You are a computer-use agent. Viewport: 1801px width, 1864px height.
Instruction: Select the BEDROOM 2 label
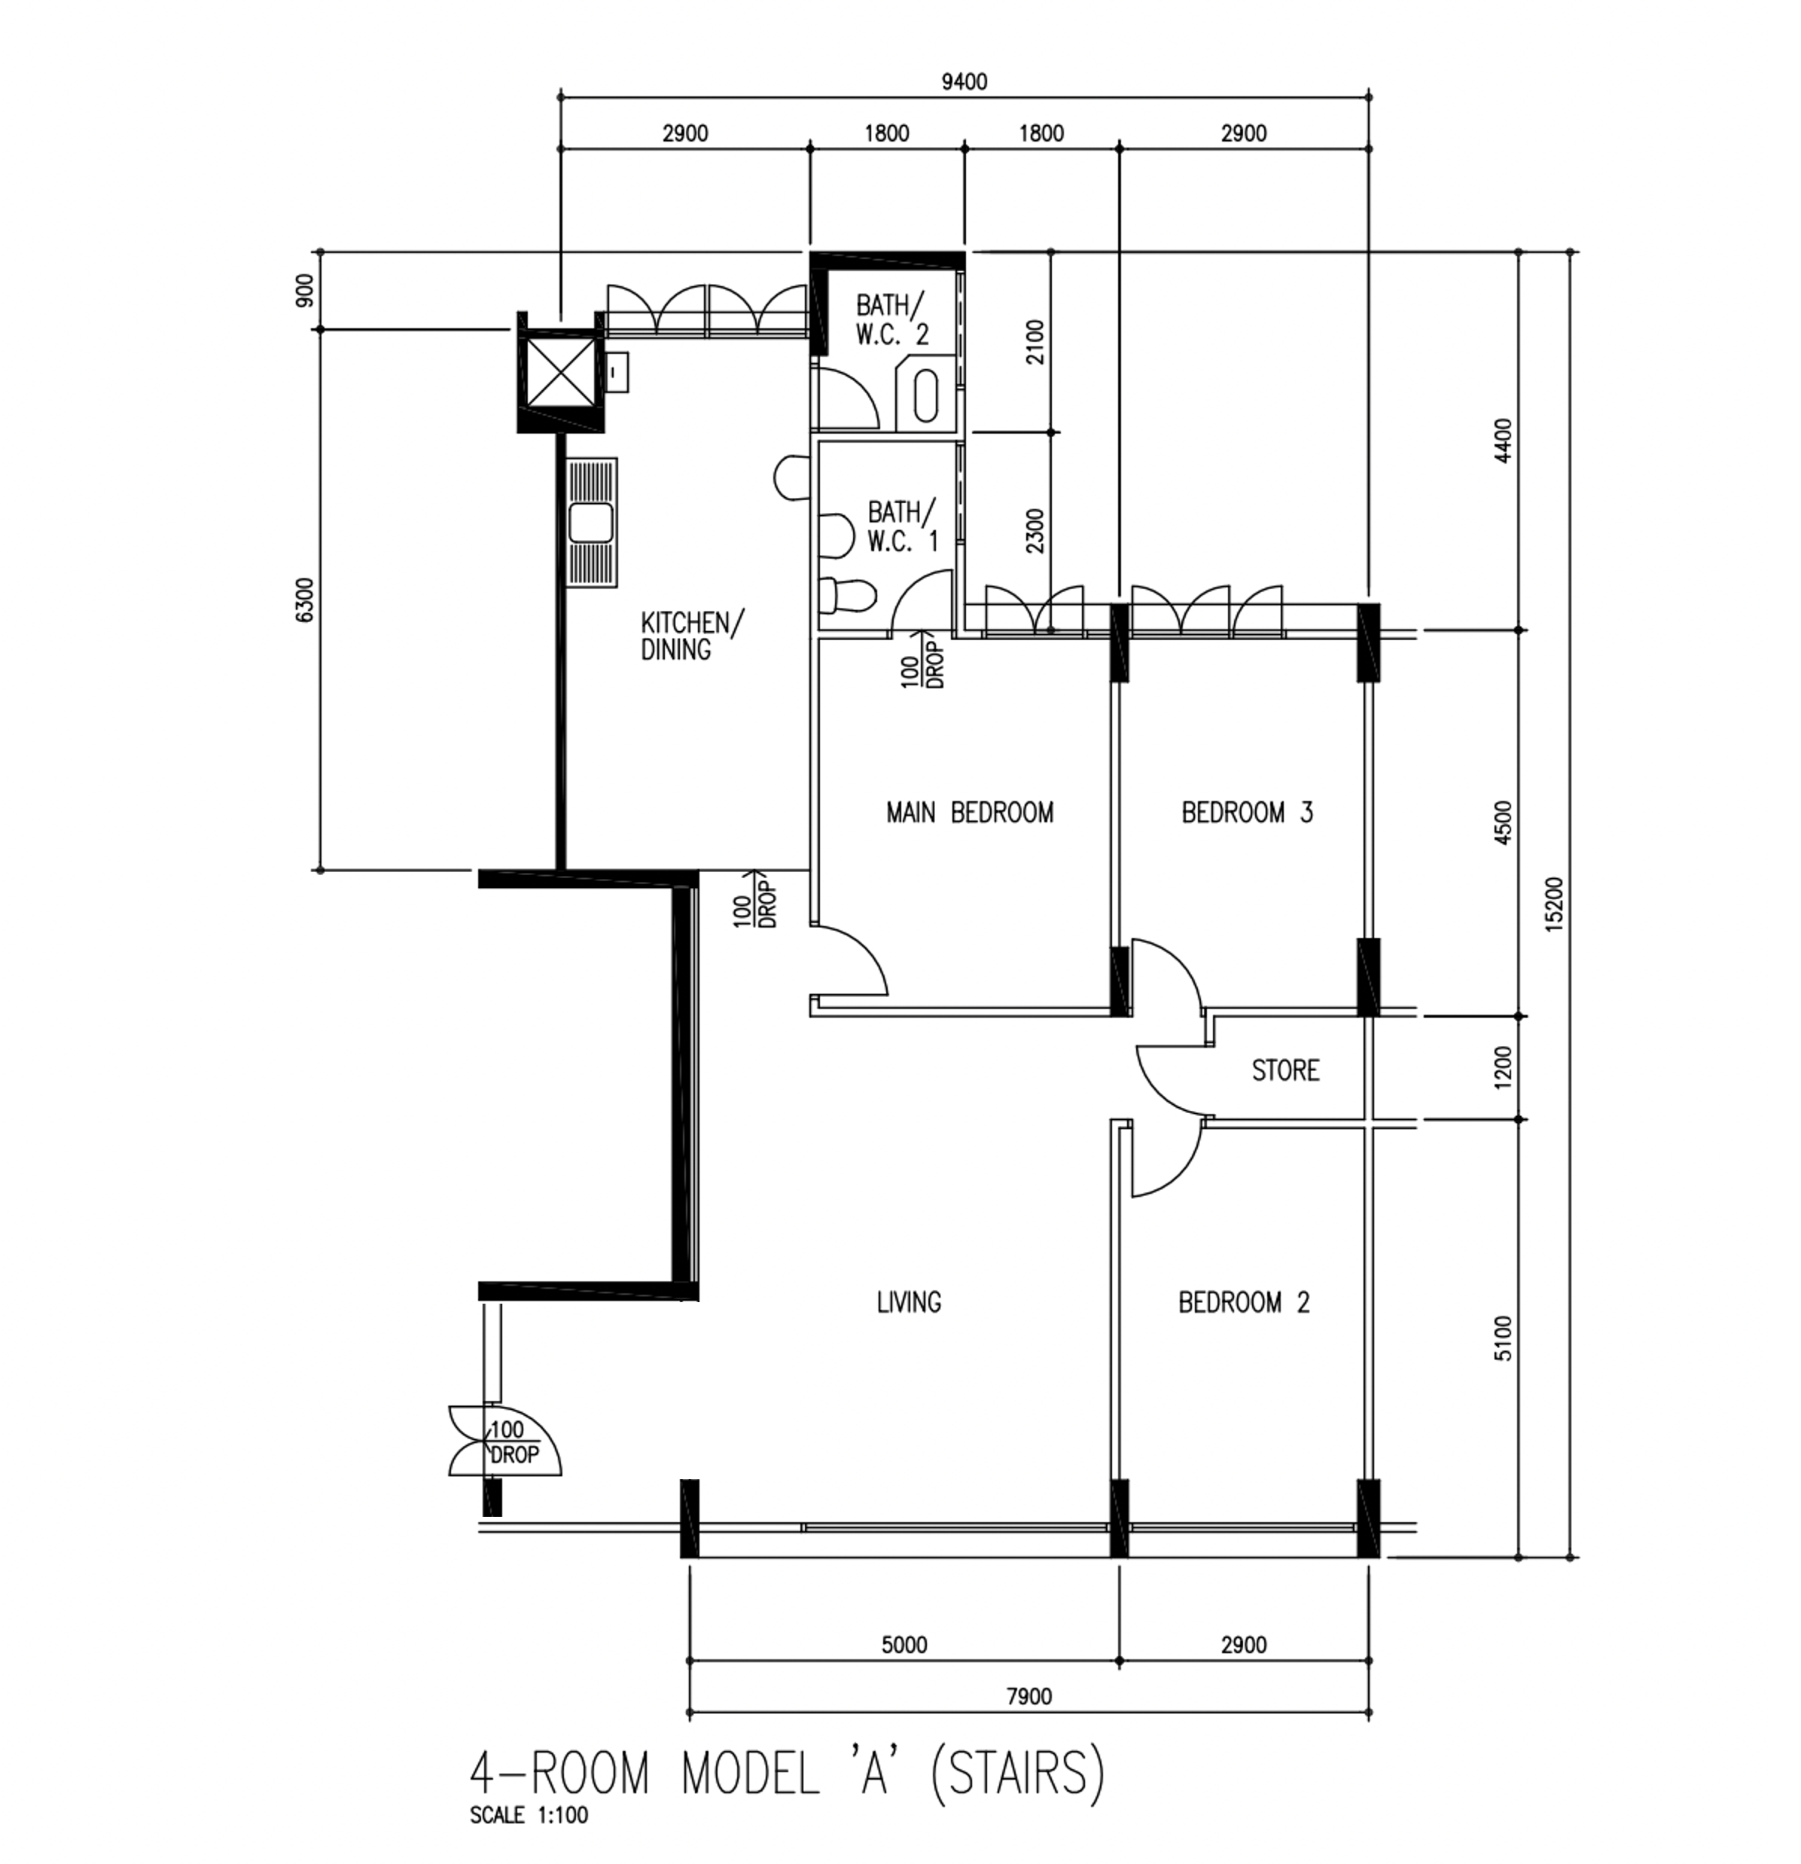click(x=1244, y=1302)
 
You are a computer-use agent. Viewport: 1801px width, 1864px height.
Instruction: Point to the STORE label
click(x=1284, y=1071)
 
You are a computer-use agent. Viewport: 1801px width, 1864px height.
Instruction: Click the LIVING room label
click(x=909, y=1302)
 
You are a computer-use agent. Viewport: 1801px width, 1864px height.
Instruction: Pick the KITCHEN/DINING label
click(x=692, y=636)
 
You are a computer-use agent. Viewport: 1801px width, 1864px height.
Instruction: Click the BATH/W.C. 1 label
click(x=901, y=526)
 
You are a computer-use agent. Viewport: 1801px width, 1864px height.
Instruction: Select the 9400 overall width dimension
click(x=964, y=82)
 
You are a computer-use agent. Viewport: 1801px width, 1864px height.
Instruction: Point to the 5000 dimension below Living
click(x=904, y=1644)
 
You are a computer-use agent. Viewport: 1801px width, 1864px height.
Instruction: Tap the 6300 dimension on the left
click(x=303, y=599)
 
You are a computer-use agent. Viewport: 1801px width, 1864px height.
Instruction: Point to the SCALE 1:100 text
click(x=529, y=1816)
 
